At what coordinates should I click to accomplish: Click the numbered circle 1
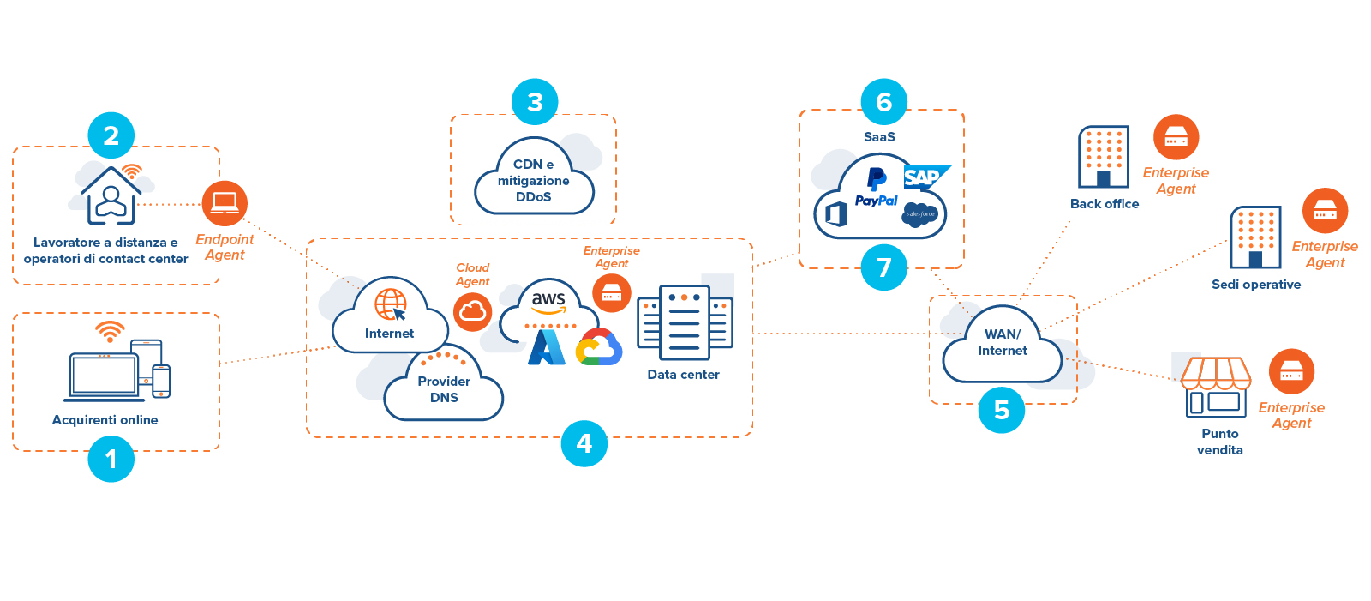[111, 459]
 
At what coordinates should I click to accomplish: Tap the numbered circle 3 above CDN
[535, 102]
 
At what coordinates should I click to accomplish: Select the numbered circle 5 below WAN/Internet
[1002, 410]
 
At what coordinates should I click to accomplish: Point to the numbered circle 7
[884, 267]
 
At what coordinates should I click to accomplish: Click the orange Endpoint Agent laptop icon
[225, 203]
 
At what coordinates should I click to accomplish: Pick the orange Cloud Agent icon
[472, 312]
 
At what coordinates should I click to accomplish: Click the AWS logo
[548, 301]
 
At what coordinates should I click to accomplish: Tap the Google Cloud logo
[599, 347]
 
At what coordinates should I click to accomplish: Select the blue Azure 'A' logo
[546, 347]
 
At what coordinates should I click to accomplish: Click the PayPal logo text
[876, 201]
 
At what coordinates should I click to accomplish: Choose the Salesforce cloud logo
[920, 214]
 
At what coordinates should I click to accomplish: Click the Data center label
[683, 375]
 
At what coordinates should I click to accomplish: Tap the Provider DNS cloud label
[444, 389]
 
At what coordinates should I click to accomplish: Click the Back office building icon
[1104, 156]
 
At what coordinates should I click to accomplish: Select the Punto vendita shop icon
[1216, 387]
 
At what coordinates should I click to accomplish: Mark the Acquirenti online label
[105, 420]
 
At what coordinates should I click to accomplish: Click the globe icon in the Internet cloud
[391, 304]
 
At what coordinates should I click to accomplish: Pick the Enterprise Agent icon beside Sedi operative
[1325, 210]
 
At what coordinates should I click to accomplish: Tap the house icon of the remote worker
[111, 196]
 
